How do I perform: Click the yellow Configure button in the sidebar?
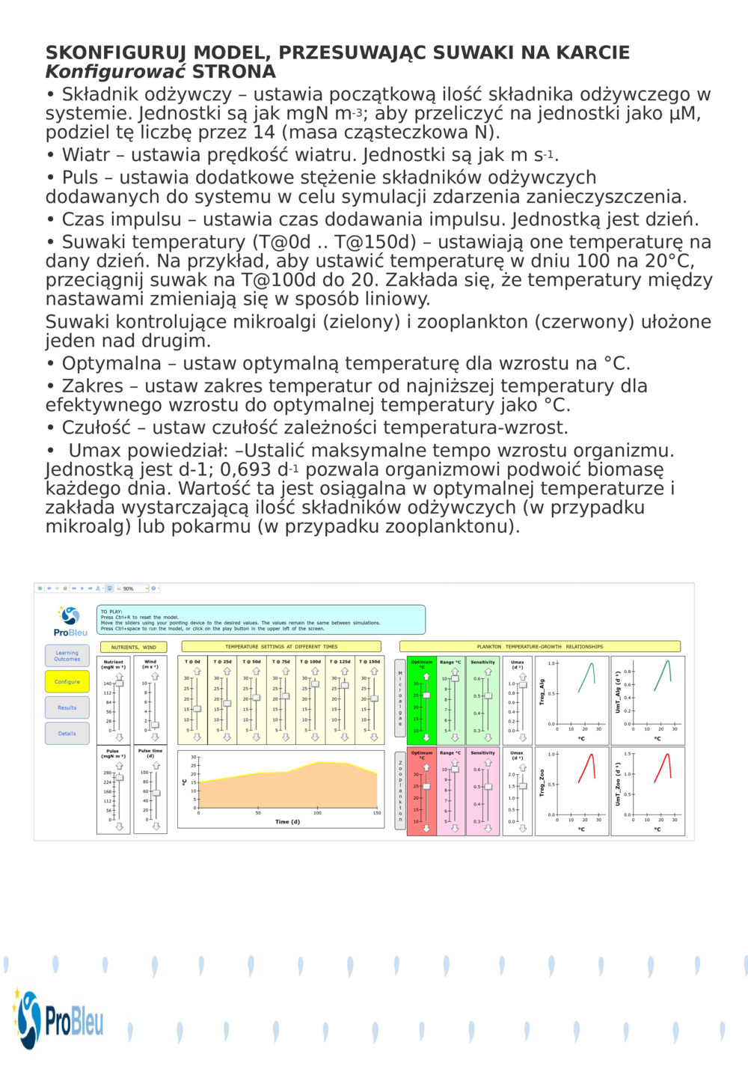(x=67, y=682)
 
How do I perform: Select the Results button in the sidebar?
(x=67, y=707)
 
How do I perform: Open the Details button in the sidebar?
(x=67, y=734)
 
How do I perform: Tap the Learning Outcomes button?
(x=67, y=656)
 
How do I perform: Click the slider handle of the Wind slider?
(x=155, y=725)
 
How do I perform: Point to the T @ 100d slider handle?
(x=315, y=683)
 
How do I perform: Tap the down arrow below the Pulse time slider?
(x=156, y=826)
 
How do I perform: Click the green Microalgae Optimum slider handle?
(x=426, y=695)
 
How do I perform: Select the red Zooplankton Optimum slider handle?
(x=426, y=787)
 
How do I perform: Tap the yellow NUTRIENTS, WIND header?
(x=134, y=647)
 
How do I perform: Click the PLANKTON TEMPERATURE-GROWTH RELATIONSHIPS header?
(x=539, y=647)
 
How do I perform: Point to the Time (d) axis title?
(x=287, y=822)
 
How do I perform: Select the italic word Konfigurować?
(x=115, y=72)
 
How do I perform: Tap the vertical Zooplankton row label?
(x=400, y=791)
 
